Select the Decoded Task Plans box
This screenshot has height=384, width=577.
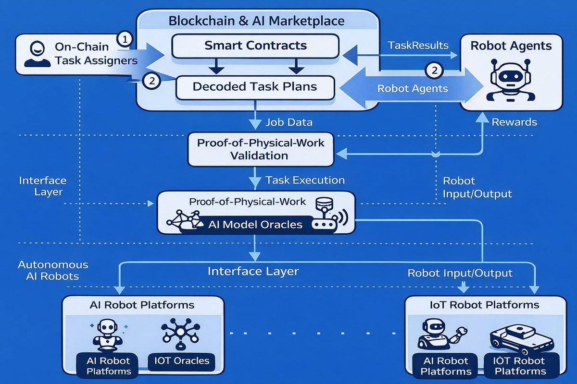coord(255,87)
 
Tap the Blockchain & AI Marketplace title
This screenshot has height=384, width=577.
coord(256,21)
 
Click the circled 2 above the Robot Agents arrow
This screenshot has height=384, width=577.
coord(434,71)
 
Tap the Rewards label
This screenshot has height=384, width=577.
coord(514,122)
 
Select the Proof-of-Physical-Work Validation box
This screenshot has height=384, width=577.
coord(261,149)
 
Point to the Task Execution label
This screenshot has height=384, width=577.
coord(305,180)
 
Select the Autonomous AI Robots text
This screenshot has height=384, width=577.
coord(53,270)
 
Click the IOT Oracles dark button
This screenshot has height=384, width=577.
coord(181,361)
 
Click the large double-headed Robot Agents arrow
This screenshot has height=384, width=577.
coord(412,88)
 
